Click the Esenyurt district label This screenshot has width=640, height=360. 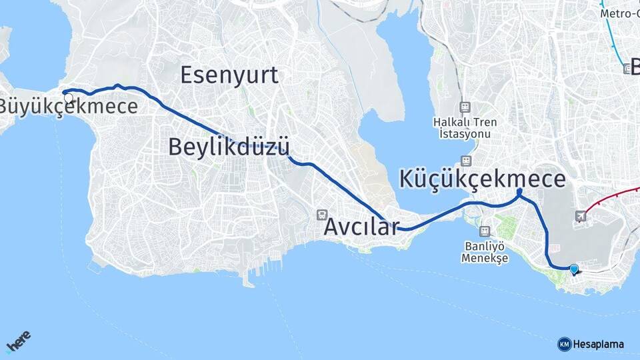point(229,75)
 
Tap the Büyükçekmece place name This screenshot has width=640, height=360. point(68,107)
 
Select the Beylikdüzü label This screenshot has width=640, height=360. point(229,147)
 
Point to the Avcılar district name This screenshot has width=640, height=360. point(361,227)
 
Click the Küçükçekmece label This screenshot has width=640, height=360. point(483,179)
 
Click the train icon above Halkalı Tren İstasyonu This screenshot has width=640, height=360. point(465,107)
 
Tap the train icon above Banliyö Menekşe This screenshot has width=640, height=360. point(484,231)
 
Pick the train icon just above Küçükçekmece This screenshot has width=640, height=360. point(465,161)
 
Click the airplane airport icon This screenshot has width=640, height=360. point(581,216)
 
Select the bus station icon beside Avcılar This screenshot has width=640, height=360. point(322,215)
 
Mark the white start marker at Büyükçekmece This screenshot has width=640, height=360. point(68,98)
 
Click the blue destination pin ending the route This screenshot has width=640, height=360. point(574,269)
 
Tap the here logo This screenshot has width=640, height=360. point(19,342)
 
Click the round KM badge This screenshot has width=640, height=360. point(564,344)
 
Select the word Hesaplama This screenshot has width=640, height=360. point(599,345)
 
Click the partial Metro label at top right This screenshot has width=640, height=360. point(619,13)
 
